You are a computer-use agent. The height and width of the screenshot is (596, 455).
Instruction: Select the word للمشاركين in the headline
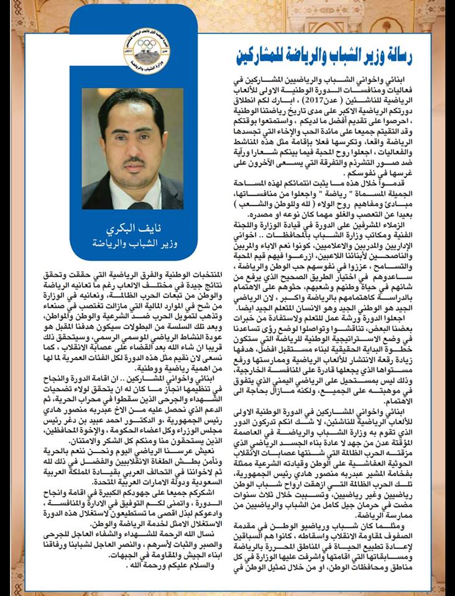(259, 55)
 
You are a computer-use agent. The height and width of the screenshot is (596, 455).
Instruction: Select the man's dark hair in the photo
(132, 102)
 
